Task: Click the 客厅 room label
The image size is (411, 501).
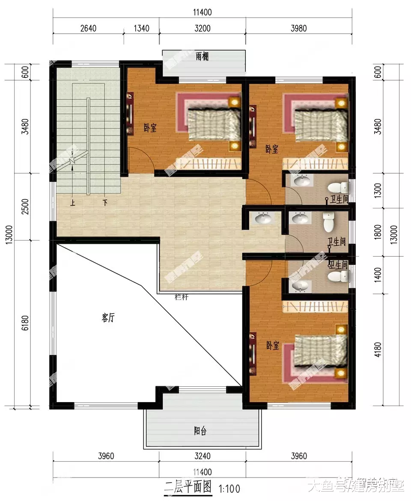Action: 108,318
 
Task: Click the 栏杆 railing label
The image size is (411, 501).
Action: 182,297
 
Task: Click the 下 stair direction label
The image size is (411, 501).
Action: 104,203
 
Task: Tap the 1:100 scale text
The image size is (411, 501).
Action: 229,488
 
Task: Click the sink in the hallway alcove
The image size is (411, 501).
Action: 263,219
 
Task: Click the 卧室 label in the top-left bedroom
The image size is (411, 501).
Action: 150,127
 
